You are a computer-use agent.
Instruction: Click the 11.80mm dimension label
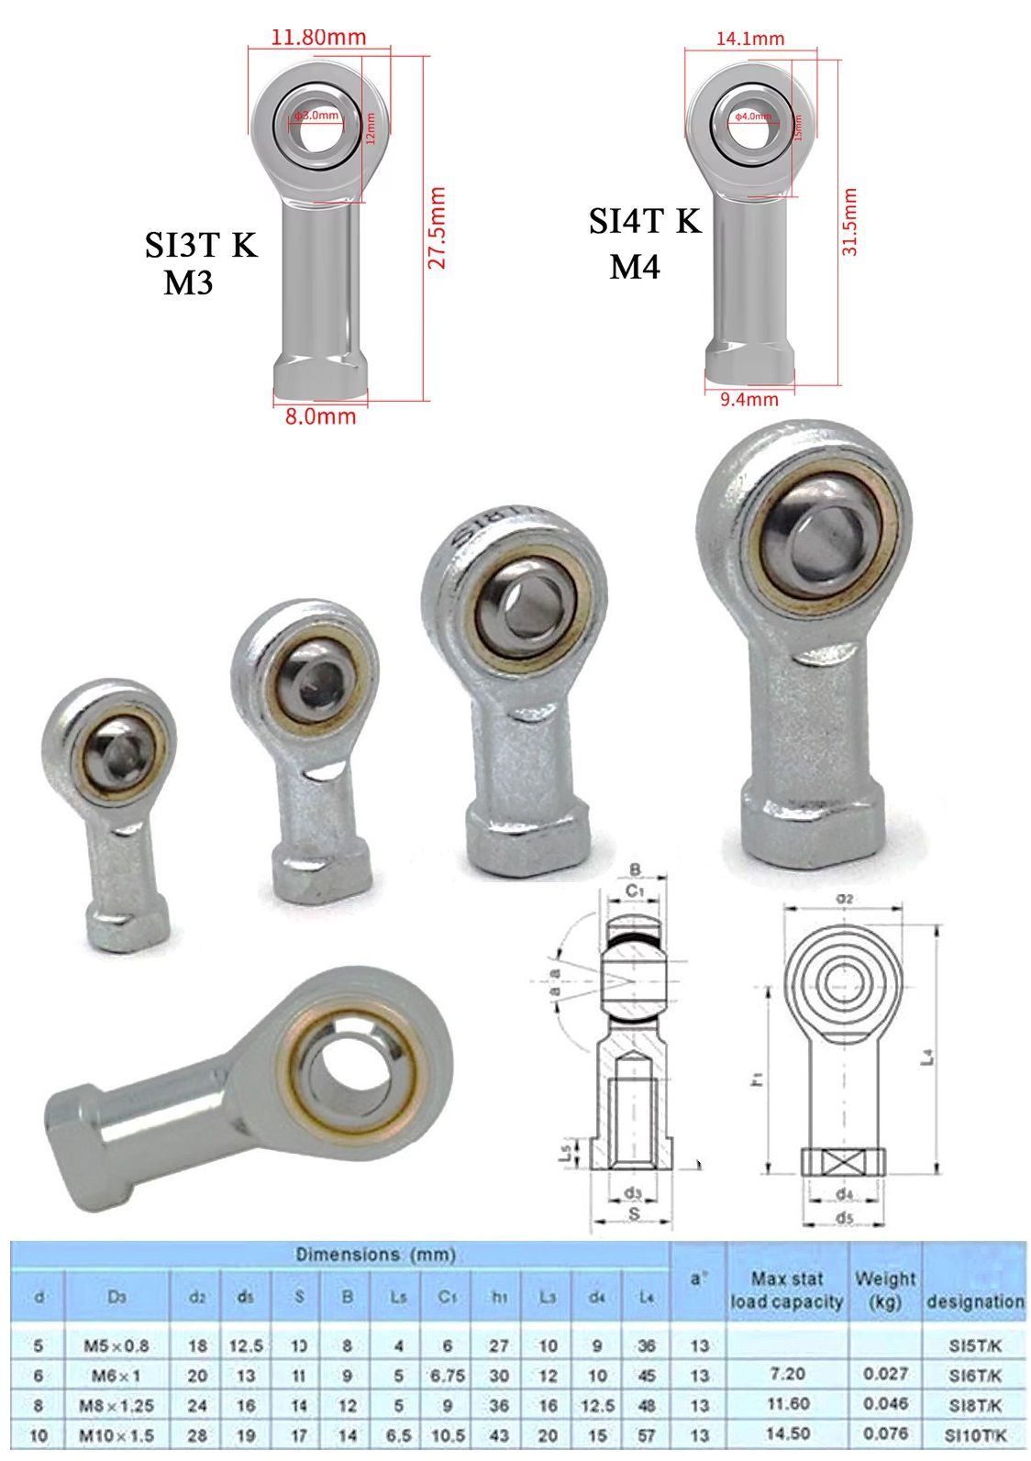[318, 38]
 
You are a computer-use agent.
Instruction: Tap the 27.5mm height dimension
[438, 228]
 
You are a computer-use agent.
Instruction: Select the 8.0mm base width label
[320, 417]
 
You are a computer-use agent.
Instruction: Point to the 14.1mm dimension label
[750, 39]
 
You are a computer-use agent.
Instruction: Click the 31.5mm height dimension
[849, 222]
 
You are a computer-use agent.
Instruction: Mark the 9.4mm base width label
[749, 400]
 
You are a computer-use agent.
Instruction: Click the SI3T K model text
[201, 245]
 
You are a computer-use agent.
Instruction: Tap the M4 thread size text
[635, 267]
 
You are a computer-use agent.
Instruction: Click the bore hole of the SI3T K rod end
[317, 116]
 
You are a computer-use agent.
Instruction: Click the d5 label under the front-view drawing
[844, 1218]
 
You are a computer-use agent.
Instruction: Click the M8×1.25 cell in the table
[116, 1405]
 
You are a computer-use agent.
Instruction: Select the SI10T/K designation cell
[974, 1435]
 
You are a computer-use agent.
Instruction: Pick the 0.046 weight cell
[885, 1404]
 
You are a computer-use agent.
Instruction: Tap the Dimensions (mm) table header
[374, 1255]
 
